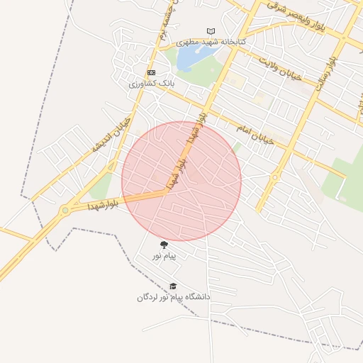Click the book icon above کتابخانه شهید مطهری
pyautogui.click(x=210, y=31)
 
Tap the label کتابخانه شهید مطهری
pyautogui.click(x=211, y=42)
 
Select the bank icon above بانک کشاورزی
pyautogui.click(x=150, y=73)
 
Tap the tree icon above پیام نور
pyautogui.click(x=164, y=245)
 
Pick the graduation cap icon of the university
pyautogui.click(x=173, y=286)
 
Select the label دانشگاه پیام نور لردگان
pyautogui.click(x=174, y=297)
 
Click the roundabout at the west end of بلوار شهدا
pyautogui.click(x=65, y=210)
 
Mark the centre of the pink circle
pyautogui.click(x=181, y=181)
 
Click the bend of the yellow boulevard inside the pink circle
pyautogui.click(x=169, y=191)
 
